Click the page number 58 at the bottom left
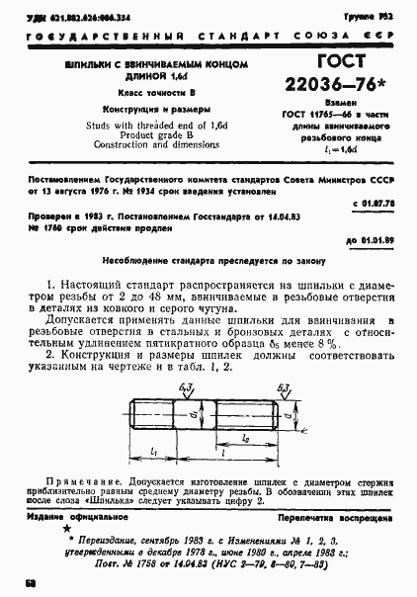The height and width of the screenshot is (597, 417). click(x=32, y=584)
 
